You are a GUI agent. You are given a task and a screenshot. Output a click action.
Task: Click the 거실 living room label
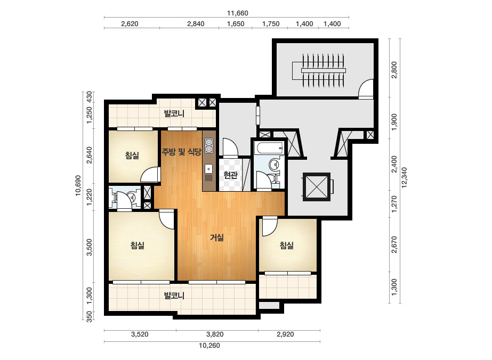point(217,238)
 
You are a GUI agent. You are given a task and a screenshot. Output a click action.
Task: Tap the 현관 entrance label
point(231,175)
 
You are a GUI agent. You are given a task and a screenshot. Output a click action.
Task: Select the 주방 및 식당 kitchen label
point(181,152)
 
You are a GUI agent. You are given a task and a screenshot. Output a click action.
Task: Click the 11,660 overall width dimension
point(238,13)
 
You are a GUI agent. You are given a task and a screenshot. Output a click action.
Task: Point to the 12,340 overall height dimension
point(404,177)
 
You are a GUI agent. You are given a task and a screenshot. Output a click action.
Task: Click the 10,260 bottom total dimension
point(209,346)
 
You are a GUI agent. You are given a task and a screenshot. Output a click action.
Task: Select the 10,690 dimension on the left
point(78,186)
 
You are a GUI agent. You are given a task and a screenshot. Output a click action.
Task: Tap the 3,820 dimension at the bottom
point(215,334)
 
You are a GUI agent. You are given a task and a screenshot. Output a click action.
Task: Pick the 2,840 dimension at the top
point(196,24)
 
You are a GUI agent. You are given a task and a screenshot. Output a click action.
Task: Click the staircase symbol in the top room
point(319,70)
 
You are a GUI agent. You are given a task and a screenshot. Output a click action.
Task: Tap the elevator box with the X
point(317,186)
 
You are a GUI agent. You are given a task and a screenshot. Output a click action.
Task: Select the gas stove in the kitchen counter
point(209,145)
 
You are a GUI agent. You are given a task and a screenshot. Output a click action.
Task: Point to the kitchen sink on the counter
point(209,169)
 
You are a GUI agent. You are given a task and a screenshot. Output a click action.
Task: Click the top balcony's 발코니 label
point(174,113)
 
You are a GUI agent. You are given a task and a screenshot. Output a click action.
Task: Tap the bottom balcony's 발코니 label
point(174,296)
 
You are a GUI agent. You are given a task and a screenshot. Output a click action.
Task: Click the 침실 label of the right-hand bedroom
point(286,245)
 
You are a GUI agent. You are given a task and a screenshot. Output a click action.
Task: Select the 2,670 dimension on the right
point(394,244)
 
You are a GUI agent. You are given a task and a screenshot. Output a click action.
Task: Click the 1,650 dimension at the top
point(236,24)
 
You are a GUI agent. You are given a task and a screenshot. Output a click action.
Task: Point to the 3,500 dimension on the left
point(90,248)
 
